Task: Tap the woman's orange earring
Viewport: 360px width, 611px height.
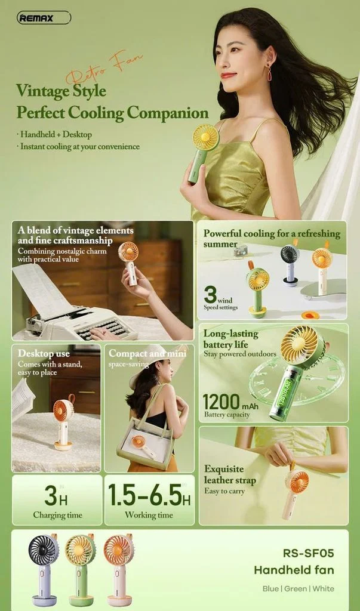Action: click(269, 73)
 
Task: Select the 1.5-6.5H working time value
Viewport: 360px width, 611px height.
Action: click(149, 495)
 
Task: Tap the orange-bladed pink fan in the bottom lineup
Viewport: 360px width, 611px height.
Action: click(118, 567)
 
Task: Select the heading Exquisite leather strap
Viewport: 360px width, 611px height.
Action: click(230, 474)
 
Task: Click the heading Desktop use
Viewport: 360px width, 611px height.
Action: click(44, 353)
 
